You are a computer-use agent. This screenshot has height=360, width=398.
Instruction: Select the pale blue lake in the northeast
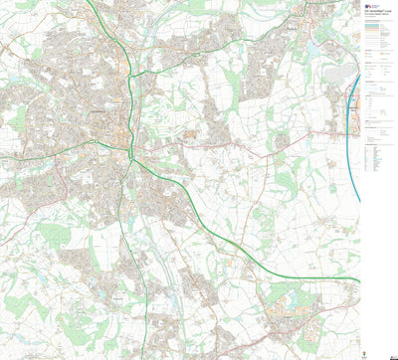coord(316,46)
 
